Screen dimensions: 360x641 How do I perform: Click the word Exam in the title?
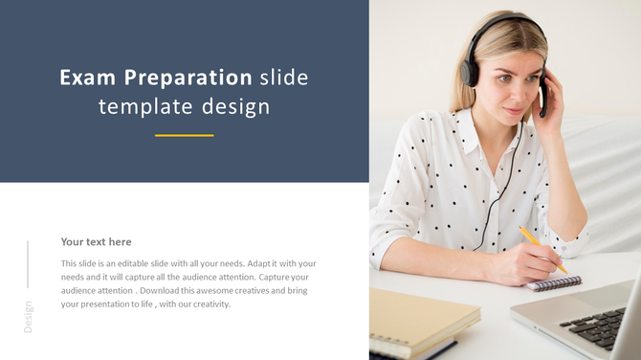(88, 79)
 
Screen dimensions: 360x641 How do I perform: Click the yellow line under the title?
(184, 135)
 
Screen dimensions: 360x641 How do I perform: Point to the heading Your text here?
(96, 242)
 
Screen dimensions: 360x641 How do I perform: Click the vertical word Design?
(28, 317)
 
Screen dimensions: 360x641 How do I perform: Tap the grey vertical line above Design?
(28, 264)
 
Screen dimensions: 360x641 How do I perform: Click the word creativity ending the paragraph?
(209, 304)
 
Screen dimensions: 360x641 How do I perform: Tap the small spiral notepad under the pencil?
(554, 283)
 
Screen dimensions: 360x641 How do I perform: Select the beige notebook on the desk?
(421, 320)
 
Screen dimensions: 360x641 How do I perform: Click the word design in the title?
(235, 107)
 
